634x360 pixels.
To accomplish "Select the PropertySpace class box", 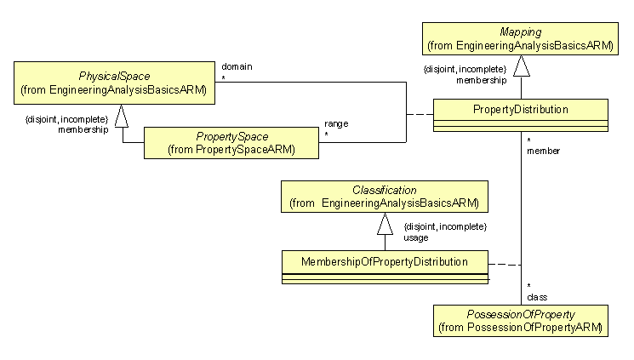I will pyautogui.click(x=231, y=143).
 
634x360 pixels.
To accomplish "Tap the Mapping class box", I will pyautogui.click(x=520, y=39).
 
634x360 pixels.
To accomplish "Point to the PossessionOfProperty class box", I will pyautogui.click(x=520, y=320).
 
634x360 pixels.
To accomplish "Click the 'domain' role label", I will pyautogui.click(x=235, y=66).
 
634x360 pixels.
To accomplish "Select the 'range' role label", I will pyautogui.click(x=335, y=123).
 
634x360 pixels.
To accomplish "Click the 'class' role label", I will pyautogui.click(x=536, y=297).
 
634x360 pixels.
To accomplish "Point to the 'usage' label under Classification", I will pyautogui.click(x=416, y=238).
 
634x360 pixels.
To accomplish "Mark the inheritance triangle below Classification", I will pyautogui.click(x=385, y=224).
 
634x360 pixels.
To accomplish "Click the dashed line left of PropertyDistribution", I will pyautogui.click(x=419, y=114).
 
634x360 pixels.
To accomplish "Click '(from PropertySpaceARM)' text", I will pyautogui.click(x=231, y=150).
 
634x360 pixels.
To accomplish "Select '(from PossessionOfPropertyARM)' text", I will pyautogui.click(x=520, y=327).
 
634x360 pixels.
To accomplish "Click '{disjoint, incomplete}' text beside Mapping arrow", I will pyautogui.click(x=465, y=69).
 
